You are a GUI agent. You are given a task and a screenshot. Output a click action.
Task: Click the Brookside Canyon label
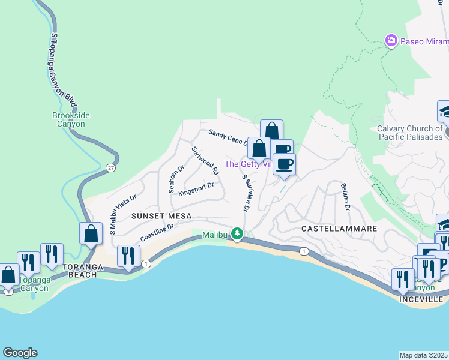click(x=68, y=120)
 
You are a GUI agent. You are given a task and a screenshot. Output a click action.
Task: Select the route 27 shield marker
click(x=110, y=167)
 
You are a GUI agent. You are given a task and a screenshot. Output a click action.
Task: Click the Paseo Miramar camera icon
click(x=391, y=40)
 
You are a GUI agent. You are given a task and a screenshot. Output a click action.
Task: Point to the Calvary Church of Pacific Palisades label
click(x=409, y=133)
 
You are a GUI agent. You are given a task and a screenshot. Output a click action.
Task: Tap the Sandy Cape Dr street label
click(x=228, y=137)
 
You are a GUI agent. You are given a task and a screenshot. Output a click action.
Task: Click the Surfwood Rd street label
click(x=205, y=160)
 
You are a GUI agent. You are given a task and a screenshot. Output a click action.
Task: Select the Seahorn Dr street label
click(x=176, y=179)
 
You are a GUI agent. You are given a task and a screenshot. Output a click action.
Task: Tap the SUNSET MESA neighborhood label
click(x=162, y=216)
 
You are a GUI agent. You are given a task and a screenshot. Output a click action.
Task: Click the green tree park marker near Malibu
click(x=238, y=233)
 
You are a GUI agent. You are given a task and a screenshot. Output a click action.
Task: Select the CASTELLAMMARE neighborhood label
click(x=339, y=229)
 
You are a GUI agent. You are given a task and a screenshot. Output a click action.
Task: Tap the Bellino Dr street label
click(x=345, y=196)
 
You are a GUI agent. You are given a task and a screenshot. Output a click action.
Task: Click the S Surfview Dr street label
click(x=245, y=192)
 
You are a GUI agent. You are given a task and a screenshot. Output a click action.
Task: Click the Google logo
click(x=20, y=353)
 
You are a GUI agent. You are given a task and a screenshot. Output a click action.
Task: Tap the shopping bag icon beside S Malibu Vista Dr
click(x=91, y=233)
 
